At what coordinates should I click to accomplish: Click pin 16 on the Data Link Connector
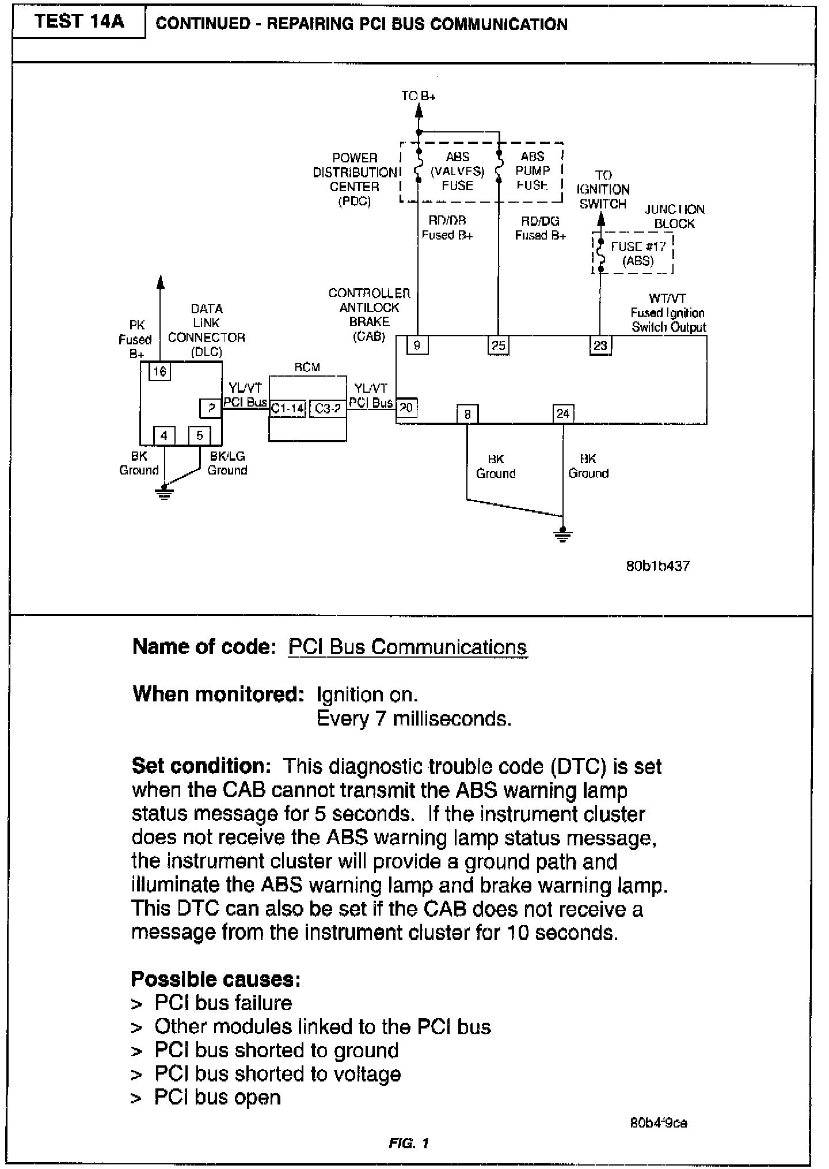point(159,371)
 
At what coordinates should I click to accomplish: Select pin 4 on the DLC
point(164,435)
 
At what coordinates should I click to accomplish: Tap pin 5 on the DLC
point(200,435)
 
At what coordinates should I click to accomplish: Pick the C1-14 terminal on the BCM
point(287,408)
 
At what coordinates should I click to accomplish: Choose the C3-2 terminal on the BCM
point(328,408)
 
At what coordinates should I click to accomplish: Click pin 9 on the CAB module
point(417,346)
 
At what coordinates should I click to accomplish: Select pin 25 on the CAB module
point(498,346)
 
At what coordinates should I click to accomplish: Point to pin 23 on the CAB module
point(600,346)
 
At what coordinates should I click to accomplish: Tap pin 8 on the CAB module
point(467,414)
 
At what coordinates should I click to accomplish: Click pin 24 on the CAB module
point(563,414)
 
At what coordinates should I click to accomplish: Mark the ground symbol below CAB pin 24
point(563,535)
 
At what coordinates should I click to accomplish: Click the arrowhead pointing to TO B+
point(419,113)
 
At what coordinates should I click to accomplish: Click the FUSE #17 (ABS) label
point(638,253)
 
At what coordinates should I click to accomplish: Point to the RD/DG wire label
point(540,221)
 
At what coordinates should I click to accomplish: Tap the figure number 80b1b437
point(657,566)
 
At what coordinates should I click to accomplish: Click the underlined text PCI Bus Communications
point(407,647)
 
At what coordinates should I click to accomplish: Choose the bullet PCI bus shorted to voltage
point(277,1074)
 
